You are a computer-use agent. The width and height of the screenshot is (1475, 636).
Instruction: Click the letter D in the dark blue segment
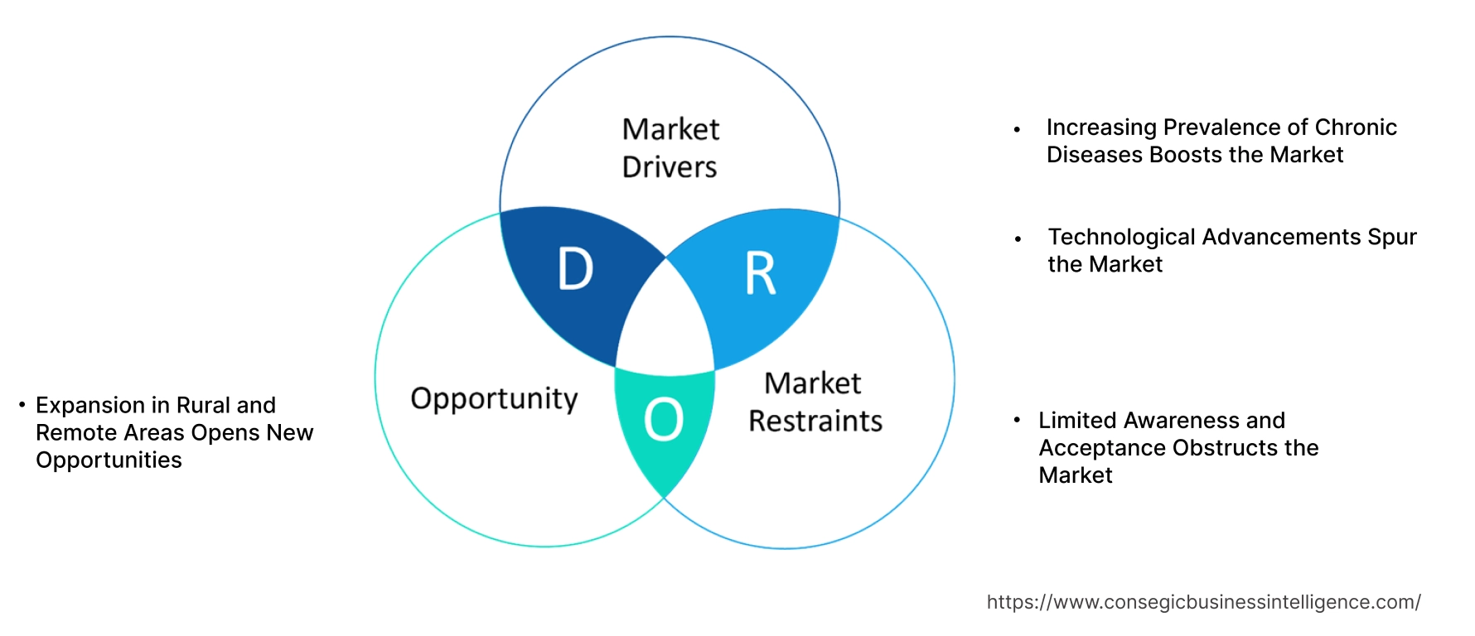[576, 269]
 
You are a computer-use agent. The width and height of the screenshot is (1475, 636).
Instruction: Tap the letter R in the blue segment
[760, 273]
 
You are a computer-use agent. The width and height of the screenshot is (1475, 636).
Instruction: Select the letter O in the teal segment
[664, 419]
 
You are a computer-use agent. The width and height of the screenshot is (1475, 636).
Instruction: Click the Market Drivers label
[670, 148]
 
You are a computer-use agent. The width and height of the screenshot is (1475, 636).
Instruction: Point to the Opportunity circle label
[494, 399]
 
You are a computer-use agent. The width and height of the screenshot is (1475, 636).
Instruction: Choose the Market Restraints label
[815, 402]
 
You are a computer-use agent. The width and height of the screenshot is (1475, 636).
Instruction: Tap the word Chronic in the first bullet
[1356, 128]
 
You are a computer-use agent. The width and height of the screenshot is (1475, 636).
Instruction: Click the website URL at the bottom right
[1203, 602]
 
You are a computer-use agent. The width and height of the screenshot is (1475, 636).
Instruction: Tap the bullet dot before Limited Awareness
[1017, 420]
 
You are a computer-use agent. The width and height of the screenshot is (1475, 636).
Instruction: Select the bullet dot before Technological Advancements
[1018, 239]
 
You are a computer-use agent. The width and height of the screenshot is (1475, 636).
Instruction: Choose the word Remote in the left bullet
[70, 433]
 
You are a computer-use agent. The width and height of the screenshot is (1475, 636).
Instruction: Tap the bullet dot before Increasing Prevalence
[1017, 130]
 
